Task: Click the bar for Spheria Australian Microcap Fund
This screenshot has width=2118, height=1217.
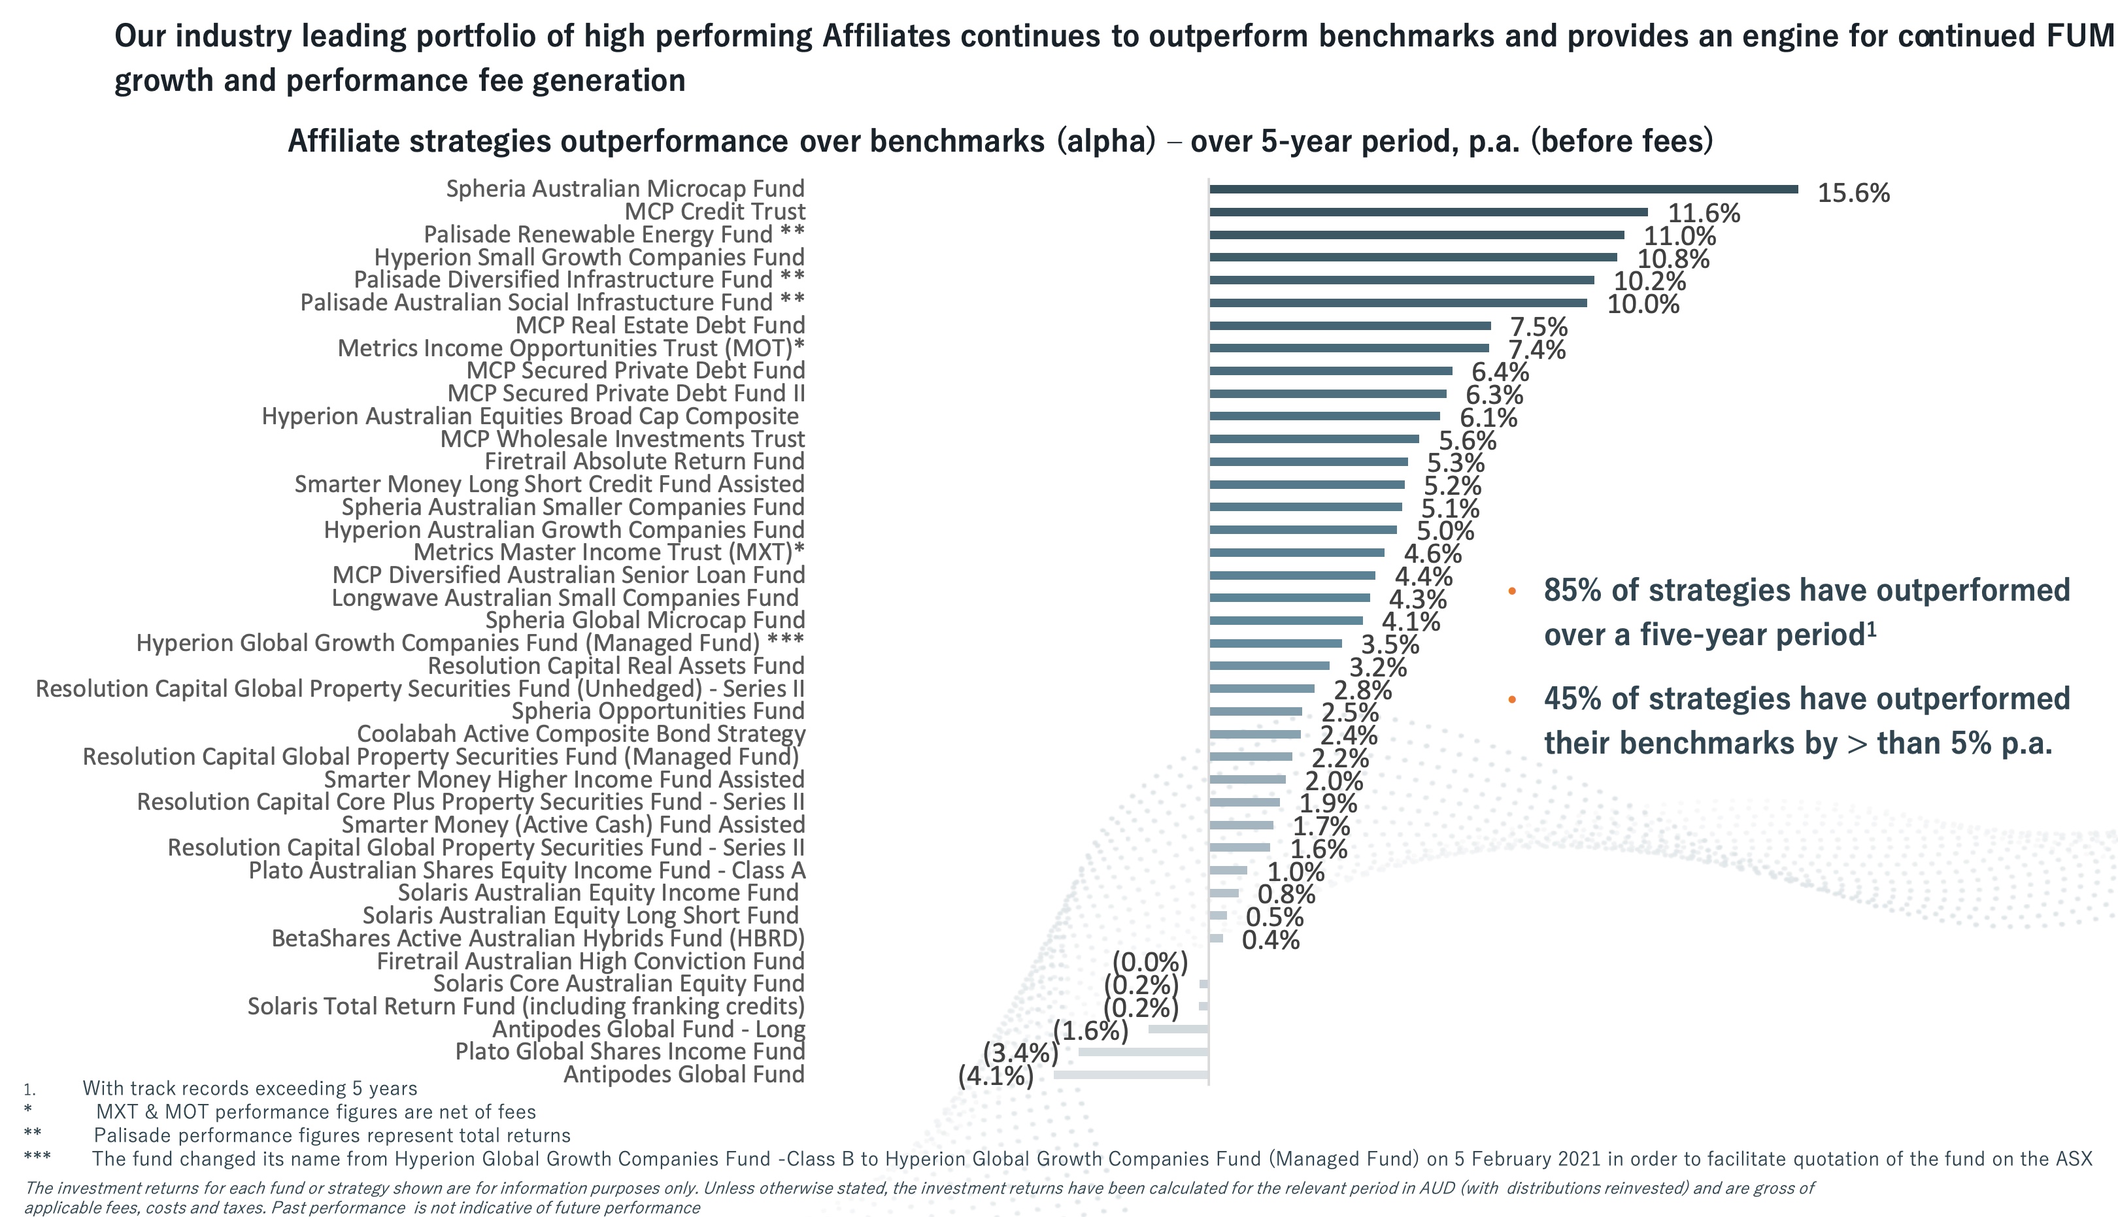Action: coord(1503,190)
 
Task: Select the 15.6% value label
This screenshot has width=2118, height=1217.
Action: coord(1853,193)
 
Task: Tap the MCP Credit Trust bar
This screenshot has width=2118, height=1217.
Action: coord(1428,212)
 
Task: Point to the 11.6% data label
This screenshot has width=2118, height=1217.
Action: coord(1704,214)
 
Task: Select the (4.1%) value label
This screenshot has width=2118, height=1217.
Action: coord(996,1075)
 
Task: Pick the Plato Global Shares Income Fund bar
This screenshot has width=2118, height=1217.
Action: coord(1143,1052)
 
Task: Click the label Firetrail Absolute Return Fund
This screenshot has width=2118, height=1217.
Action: coord(644,461)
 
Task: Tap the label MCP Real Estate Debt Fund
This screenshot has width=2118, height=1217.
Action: coord(660,325)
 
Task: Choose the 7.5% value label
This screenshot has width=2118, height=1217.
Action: coord(1538,327)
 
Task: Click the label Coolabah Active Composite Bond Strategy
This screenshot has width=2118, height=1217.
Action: coord(581,734)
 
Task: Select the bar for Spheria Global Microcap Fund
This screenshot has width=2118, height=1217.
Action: coord(1286,620)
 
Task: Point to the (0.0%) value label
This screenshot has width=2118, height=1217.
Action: coord(1149,963)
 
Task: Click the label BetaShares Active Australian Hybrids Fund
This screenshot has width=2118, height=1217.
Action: coord(537,939)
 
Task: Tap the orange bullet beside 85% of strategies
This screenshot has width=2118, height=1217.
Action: coord(1511,592)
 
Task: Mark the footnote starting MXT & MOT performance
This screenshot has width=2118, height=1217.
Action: coord(316,1112)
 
